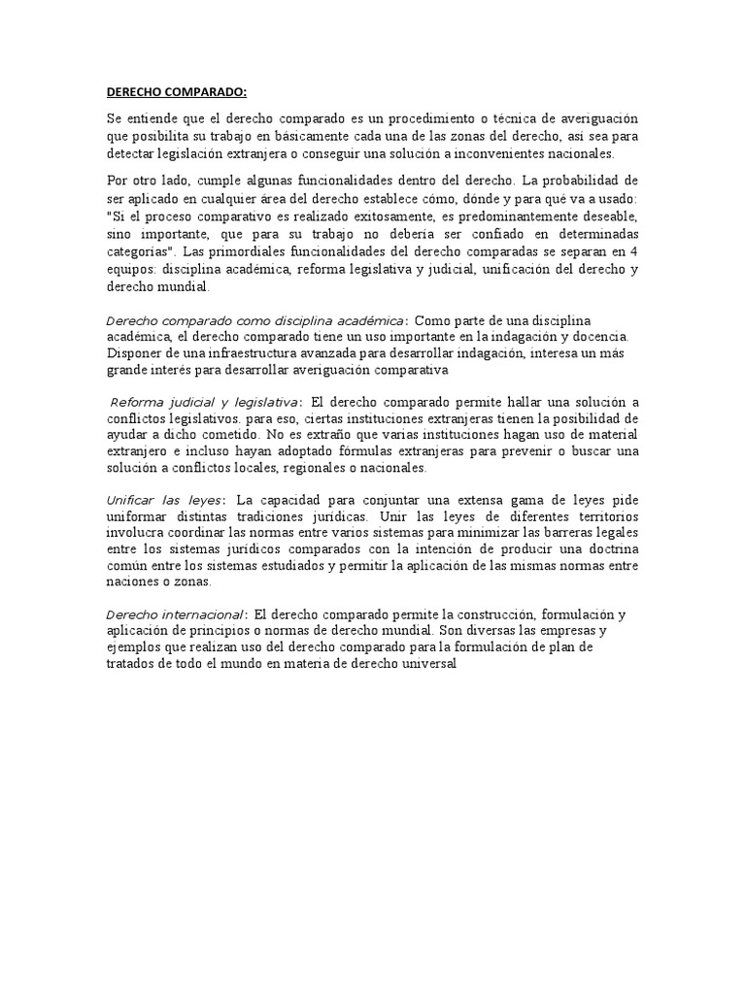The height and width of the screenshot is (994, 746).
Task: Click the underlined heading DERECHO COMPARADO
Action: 177,92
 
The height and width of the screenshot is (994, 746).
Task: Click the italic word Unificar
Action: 131,500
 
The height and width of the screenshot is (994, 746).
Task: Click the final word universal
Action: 424,666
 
